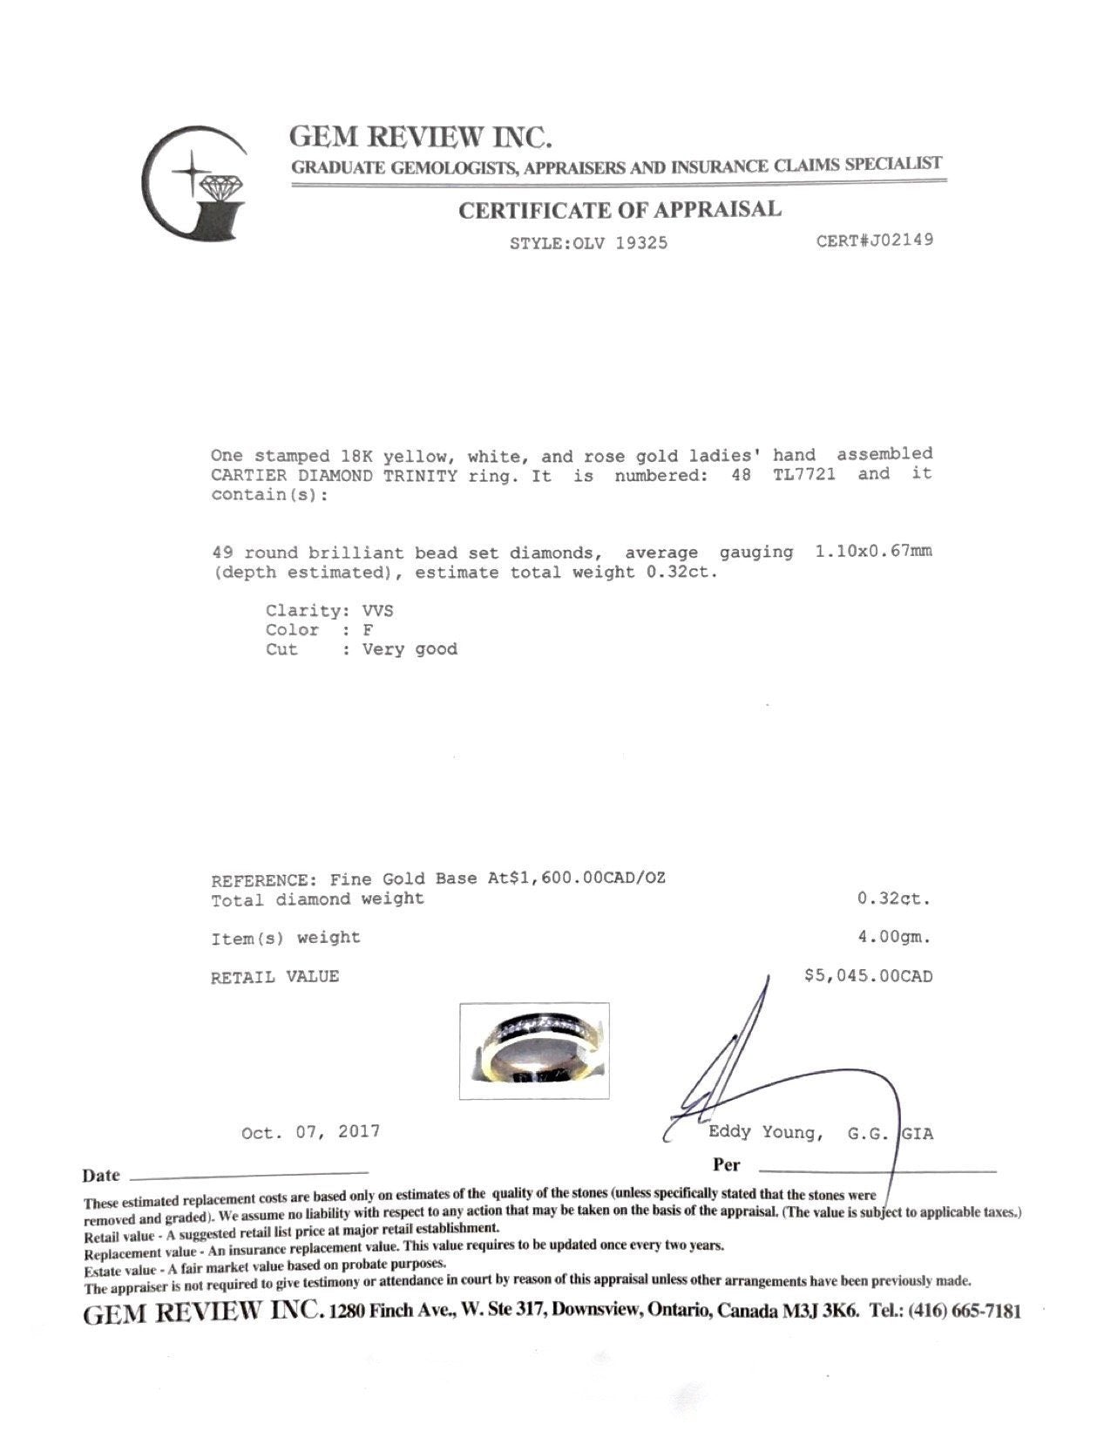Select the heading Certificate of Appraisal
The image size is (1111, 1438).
tap(620, 210)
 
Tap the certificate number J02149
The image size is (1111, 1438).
tap(874, 240)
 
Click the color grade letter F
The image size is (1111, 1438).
tap(369, 630)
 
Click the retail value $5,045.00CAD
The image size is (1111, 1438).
tap(868, 976)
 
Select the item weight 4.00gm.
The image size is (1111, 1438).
tap(894, 938)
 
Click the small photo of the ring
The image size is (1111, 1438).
tap(534, 1050)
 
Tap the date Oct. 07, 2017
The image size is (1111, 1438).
tap(310, 1132)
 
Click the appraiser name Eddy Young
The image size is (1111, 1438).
tap(763, 1133)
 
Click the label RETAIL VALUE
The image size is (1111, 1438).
tap(274, 977)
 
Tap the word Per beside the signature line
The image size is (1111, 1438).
tap(726, 1164)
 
